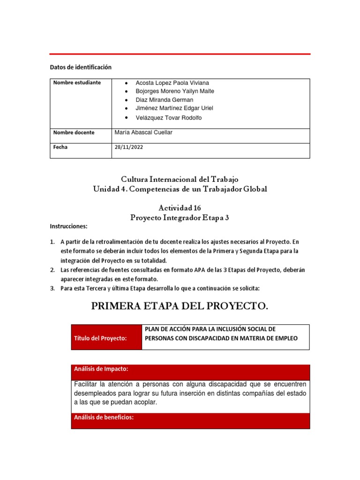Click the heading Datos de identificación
(x=81, y=67)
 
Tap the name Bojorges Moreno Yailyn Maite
(x=168, y=91)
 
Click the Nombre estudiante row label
(x=77, y=82)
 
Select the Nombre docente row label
(x=74, y=133)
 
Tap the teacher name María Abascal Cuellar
(x=143, y=133)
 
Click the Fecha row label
(x=60, y=147)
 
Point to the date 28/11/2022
(x=129, y=147)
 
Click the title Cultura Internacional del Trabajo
(x=180, y=179)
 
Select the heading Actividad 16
(x=180, y=207)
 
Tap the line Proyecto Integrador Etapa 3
(x=180, y=217)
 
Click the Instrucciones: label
(x=69, y=226)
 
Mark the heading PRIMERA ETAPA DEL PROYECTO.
(x=180, y=306)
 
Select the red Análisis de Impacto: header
(x=101, y=369)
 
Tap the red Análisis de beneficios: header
(x=104, y=418)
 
